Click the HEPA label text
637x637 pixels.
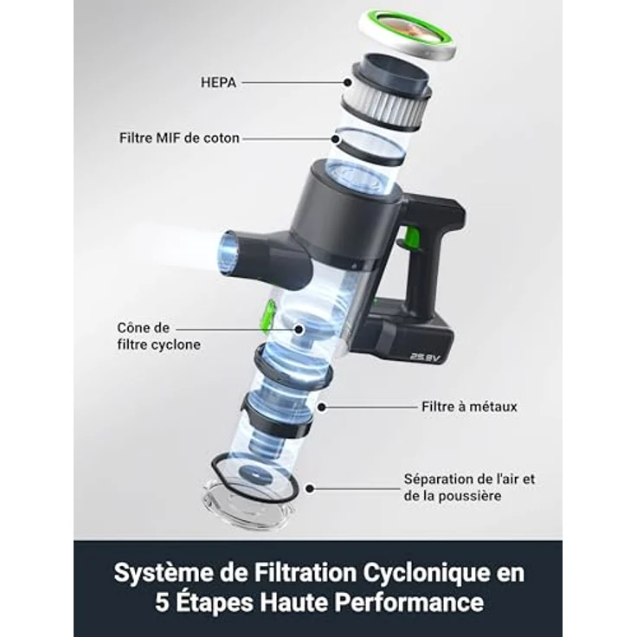click(x=218, y=82)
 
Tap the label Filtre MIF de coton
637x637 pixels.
click(x=179, y=138)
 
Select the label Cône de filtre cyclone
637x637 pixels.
click(x=159, y=336)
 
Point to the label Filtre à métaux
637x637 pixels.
click(x=469, y=407)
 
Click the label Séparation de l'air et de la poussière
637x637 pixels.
click(x=469, y=487)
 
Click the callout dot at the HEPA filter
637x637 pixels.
click(x=347, y=82)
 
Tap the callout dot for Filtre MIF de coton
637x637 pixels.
click(x=336, y=139)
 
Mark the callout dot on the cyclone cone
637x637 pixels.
click(x=299, y=330)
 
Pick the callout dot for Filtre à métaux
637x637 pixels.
click(x=322, y=407)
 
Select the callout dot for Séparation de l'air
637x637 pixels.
click(x=310, y=488)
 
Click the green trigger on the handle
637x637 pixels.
click(x=409, y=237)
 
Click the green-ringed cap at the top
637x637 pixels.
click(x=408, y=35)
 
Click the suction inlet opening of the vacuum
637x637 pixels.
click(x=228, y=254)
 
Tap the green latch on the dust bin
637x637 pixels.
click(x=268, y=317)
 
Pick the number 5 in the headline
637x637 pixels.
click(x=162, y=603)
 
